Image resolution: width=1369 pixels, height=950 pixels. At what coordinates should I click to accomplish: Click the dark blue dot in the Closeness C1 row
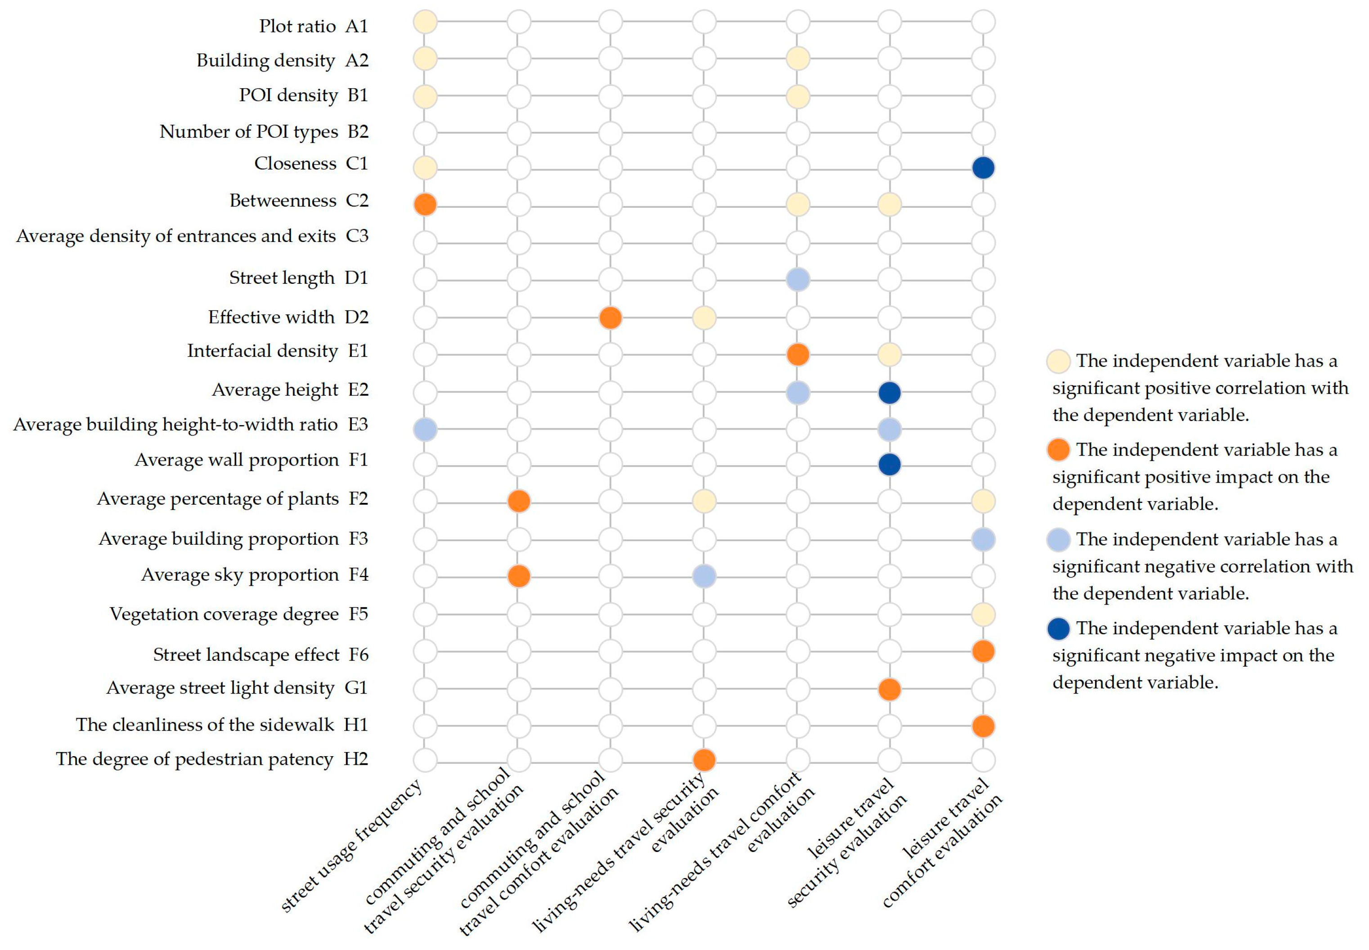tap(983, 167)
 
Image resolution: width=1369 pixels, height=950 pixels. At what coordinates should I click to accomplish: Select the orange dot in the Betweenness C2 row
tap(425, 204)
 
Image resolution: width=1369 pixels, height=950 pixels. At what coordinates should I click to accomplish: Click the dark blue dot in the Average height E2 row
tap(889, 392)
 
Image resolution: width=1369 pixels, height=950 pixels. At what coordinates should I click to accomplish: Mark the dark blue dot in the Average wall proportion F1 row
tap(889, 464)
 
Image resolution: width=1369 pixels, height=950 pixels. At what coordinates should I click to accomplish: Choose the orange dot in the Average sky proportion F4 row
tap(519, 576)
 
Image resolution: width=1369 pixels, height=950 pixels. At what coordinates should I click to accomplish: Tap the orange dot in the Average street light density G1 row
tap(889, 689)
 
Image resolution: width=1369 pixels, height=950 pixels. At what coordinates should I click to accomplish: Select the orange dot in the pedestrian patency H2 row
tap(704, 760)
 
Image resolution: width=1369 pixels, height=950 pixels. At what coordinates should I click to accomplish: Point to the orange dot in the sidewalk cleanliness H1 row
tap(983, 726)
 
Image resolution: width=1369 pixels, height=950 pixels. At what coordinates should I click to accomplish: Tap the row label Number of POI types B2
tap(264, 131)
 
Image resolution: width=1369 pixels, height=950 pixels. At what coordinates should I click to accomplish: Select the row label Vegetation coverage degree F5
tap(239, 614)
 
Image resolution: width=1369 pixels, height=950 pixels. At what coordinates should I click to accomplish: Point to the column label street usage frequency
tap(351, 845)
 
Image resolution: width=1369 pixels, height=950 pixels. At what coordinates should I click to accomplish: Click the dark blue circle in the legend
tap(1058, 628)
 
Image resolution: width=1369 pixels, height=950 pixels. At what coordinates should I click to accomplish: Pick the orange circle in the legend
tap(1058, 449)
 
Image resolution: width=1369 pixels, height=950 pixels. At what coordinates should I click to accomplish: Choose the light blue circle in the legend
tap(1058, 539)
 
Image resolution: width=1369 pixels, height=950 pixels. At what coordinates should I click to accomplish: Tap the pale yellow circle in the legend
tap(1058, 361)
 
